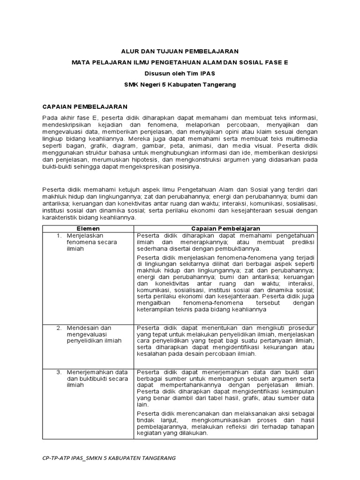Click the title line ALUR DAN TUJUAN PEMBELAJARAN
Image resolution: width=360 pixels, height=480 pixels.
tap(180, 51)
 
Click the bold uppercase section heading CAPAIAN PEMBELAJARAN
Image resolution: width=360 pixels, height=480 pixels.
tap(85, 106)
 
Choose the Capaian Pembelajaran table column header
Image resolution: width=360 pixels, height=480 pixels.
tap(225, 228)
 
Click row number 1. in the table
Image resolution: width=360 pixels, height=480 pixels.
tap(59, 235)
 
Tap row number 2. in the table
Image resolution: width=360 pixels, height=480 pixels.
tap(59, 327)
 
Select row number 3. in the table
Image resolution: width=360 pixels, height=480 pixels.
tap(59, 372)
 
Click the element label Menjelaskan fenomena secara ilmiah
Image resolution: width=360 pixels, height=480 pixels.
tap(91, 242)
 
